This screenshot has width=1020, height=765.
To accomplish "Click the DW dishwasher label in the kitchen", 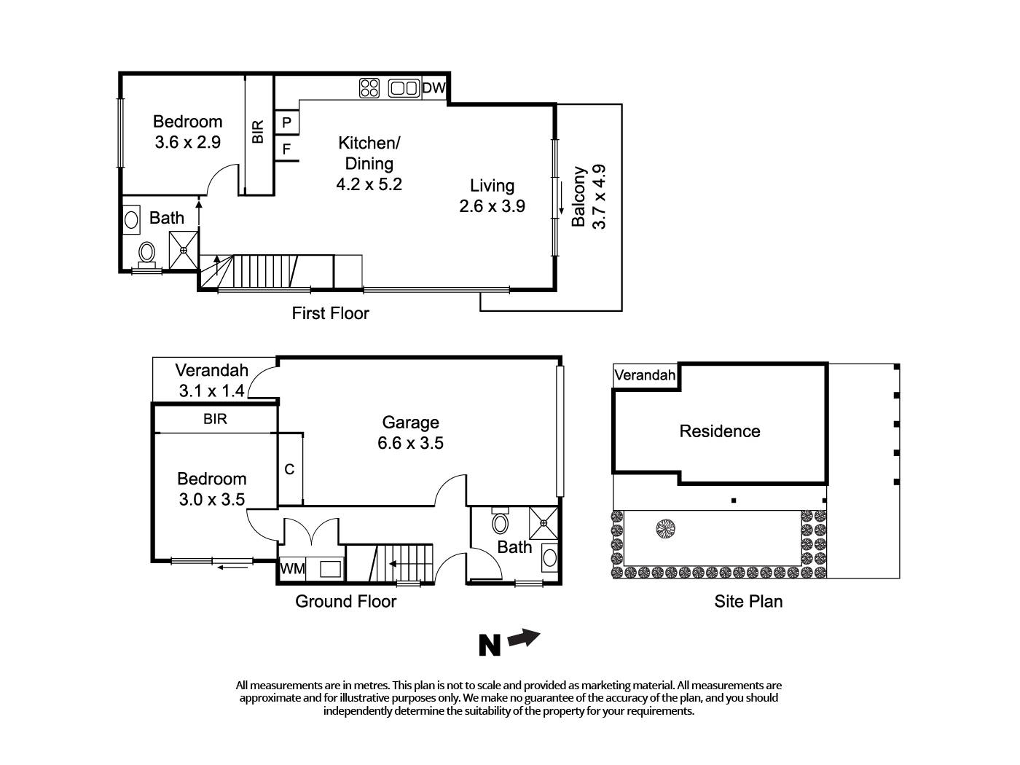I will pyautogui.click(x=433, y=88).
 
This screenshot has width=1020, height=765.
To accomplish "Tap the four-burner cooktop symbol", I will pyautogui.click(x=369, y=88).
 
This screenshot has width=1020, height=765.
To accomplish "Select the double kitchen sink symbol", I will pyautogui.click(x=404, y=88).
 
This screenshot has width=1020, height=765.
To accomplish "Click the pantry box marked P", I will pyautogui.click(x=287, y=122).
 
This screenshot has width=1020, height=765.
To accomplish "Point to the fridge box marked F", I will pyautogui.click(x=287, y=149).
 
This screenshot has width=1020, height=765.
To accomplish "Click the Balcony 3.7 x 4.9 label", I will pyautogui.click(x=589, y=197).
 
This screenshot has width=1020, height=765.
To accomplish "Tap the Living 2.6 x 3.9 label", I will pyautogui.click(x=492, y=196).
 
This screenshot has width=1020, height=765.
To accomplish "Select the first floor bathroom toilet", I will pyautogui.click(x=146, y=254).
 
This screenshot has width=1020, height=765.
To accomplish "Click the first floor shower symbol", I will pyautogui.click(x=184, y=250).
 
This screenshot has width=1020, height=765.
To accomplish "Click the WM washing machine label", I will pyautogui.click(x=292, y=568).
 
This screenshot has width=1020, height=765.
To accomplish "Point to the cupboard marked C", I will pyautogui.click(x=289, y=469).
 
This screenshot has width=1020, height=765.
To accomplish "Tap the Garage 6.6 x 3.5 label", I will pyautogui.click(x=411, y=432).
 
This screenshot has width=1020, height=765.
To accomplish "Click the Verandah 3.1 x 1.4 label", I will pyautogui.click(x=211, y=380).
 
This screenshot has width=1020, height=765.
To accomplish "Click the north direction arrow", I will pyautogui.click(x=524, y=639).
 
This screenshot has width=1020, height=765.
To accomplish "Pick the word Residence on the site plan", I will pyautogui.click(x=719, y=431).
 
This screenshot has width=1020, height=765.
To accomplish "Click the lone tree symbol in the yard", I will pyautogui.click(x=664, y=528).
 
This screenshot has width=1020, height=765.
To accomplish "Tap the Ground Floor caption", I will pyautogui.click(x=345, y=601).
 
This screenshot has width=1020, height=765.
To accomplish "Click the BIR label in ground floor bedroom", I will pyautogui.click(x=215, y=419).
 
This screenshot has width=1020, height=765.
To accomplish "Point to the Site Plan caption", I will pyautogui.click(x=748, y=601).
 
